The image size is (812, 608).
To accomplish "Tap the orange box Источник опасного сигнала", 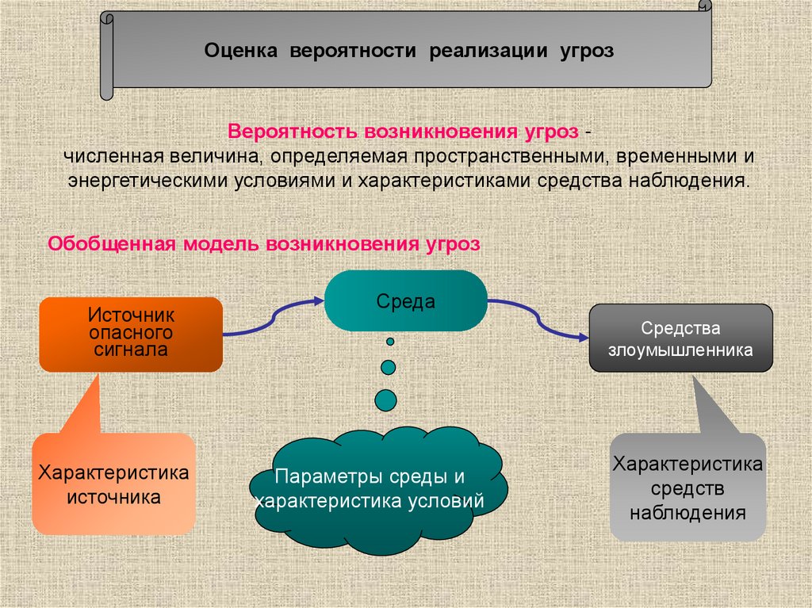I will point(130,334).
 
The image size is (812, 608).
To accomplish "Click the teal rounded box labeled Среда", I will point(405,301).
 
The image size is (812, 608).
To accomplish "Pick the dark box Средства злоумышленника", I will point(680,338).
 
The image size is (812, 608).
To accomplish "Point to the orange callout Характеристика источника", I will point(113,484).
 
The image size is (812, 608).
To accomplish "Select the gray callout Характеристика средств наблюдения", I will point(688,487).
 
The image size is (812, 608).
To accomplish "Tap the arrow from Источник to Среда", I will point(274,318).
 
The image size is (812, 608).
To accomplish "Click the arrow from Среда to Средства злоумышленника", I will point(539,319).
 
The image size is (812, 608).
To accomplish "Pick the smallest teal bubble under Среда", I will point(390,342).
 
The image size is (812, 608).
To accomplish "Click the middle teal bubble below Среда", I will point(389,367).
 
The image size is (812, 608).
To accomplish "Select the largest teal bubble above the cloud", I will point(386,400).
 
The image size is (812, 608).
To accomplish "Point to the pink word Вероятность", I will point(293,130).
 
